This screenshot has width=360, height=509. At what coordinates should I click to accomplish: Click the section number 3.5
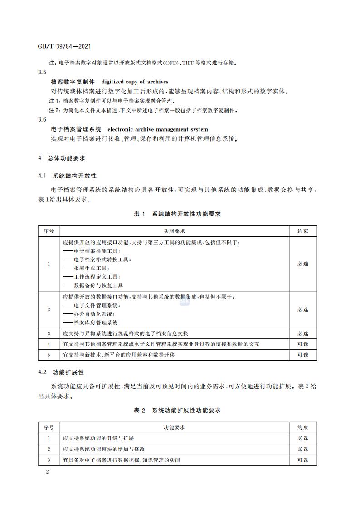pyautogui.click(x=42, y=73)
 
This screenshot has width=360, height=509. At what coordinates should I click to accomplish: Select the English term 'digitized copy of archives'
pyautogui.click(x=135, y=82)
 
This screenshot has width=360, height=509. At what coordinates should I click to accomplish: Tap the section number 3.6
pyautogui.click(x=42, y=119)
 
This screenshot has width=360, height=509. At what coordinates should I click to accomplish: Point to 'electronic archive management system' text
pyautogui.click(x=158, y=129)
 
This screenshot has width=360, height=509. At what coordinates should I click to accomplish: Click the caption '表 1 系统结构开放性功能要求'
pyautogui.click(x=177, y=214)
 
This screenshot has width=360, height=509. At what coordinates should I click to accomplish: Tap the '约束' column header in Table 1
pyautogui.click(x=302, y=231)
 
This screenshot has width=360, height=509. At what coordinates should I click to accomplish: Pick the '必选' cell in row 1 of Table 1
pyautogui.click(x=302, y=264)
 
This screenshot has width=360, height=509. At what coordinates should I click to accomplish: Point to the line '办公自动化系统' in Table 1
pyautogui.click(x=88, y=314)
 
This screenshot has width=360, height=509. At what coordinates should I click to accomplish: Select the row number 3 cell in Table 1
pyautogui.click(x=49, y=333)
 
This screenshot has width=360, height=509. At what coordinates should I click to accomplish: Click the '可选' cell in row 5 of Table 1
pyautogui.click(x=302, y=355)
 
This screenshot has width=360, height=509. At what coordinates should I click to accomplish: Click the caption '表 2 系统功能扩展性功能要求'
pyautogui.click(x=177, y=411)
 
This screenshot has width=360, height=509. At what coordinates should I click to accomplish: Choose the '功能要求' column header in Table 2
pyautogui.click(x=174, y=427)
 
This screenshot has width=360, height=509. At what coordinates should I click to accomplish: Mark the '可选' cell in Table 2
pyautogui.click(x=302, y=460)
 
